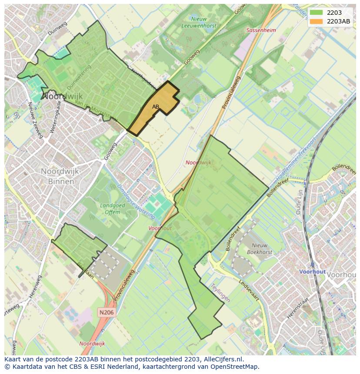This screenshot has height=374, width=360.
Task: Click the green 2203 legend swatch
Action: click(317, 13)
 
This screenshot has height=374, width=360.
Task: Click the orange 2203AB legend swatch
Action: click(317, 21)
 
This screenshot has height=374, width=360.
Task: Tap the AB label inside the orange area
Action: click(155, 106)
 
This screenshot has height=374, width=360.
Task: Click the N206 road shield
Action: click(106, 312)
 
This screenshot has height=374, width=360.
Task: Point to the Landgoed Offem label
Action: click(112, 209)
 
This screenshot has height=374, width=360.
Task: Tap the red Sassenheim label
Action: click(261, 30)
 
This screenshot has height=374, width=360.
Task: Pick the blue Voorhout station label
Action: click(312, 271)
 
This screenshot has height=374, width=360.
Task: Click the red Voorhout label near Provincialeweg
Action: click(160, 228)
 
